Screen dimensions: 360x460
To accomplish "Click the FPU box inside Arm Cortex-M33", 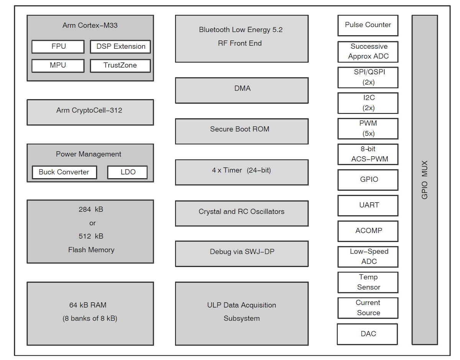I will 58,47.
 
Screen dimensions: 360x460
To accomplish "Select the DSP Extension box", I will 120,47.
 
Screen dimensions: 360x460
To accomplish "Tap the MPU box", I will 58,66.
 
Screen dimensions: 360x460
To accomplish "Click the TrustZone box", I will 120,66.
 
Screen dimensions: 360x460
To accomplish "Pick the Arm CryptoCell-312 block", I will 90,112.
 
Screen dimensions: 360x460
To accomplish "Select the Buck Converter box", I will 64,172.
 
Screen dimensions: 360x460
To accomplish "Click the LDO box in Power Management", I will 128,172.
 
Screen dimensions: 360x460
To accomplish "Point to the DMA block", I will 242,90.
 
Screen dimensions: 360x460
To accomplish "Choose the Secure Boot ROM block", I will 242,131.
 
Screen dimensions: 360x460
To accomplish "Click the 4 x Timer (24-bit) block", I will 242,172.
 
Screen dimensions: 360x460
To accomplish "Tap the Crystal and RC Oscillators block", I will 242,213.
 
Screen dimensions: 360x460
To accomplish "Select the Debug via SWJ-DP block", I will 242,253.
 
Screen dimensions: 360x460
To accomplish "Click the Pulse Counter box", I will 368,25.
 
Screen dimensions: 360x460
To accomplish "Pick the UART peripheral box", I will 368,205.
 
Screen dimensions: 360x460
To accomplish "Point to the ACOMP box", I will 368,231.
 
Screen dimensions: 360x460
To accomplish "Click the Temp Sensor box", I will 368,282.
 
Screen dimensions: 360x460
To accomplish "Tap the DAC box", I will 368,334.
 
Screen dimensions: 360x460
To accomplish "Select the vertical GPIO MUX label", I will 425,180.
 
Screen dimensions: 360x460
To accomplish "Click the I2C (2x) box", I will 368,103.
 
